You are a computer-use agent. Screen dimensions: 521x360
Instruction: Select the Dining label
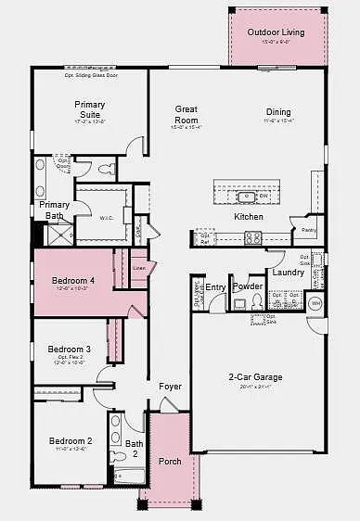278,112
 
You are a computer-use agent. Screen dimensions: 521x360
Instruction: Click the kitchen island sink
247,196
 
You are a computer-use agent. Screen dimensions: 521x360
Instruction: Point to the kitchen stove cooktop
253,237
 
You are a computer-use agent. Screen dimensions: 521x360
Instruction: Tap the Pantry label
309,230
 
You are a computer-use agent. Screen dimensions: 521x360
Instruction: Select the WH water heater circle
315,303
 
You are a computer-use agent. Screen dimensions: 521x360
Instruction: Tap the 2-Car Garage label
257,377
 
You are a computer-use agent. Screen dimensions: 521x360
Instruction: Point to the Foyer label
170,387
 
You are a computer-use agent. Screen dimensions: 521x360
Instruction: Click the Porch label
170,461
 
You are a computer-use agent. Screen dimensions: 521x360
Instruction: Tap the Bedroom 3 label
71,349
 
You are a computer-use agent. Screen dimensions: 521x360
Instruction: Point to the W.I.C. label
107,217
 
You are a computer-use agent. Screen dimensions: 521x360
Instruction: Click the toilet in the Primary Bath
106,168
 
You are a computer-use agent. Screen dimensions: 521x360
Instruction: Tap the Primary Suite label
90,110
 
